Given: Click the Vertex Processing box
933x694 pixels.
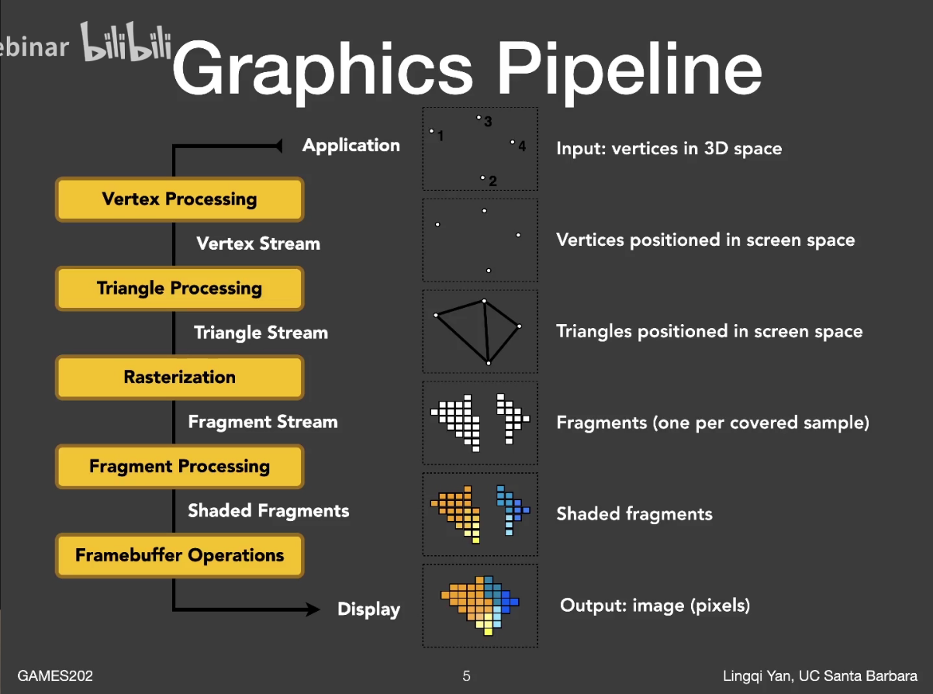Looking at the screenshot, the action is point(179,199).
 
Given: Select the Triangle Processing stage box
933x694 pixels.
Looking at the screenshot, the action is point(179,288).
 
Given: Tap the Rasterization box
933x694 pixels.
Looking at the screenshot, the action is point(179,378).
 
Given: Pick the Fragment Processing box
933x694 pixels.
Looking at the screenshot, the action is point(179,467).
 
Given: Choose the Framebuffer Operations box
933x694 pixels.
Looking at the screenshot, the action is point(179,556).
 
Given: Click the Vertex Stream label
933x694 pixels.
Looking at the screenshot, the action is point(258,243).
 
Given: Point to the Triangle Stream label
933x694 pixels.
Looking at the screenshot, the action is point(261,333).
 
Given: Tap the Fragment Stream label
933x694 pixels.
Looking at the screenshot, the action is point(263,422).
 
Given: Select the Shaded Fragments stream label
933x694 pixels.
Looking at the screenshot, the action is point(268,511).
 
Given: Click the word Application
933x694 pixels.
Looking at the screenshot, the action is point(351,145).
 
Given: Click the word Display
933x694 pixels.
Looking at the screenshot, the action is point(368,609).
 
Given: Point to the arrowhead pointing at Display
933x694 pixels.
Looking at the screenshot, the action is point(313,609).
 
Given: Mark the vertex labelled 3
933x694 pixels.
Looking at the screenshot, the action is point(479,118).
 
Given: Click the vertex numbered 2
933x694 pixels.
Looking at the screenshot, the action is point(482,178).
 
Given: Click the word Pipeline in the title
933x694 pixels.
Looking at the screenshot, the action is point(630,68).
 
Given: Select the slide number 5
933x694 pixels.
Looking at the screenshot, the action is point(466,676).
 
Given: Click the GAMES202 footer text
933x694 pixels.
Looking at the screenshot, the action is point(55,676).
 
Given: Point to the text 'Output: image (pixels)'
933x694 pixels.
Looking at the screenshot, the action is point(655,605).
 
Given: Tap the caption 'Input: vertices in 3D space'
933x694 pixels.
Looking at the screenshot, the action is point(669,148).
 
